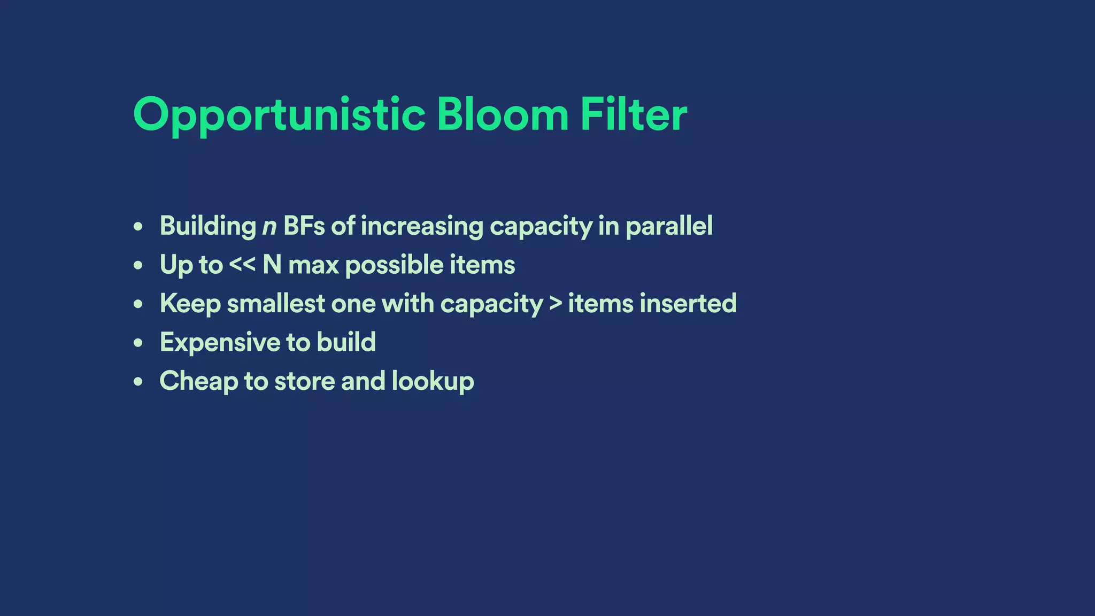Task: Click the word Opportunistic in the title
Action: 279,115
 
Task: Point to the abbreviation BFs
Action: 304,226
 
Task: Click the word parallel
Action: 669,227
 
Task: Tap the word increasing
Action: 422,227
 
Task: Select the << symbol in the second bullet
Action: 242,265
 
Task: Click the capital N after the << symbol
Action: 272,265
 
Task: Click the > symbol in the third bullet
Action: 556,304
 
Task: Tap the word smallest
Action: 276,304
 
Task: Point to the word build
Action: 346,342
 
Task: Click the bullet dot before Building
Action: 138,227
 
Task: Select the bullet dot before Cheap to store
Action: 138,382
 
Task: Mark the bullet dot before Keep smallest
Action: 138,304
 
